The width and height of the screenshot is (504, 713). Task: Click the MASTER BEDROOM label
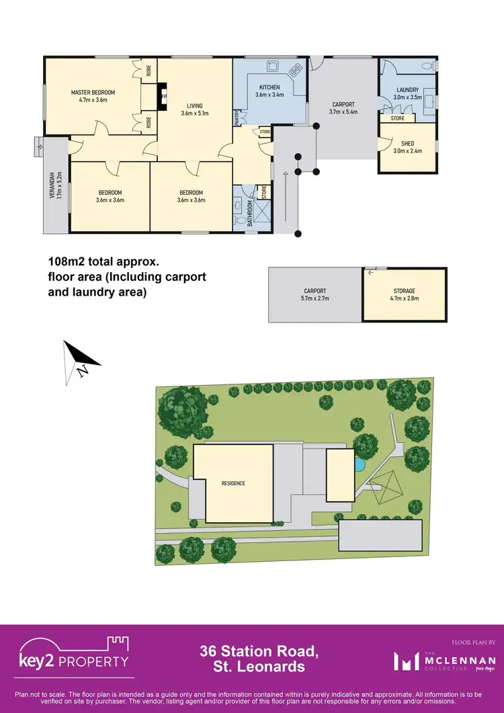pyautogui.click(x=93, y=92)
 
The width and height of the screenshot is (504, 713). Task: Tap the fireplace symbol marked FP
pyautogui.click(x=162, y=96)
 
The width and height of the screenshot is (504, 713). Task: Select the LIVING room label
pyautogui.click(x=195, y=106)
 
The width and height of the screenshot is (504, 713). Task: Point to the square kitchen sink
pyautogui.click(x=273, y=67)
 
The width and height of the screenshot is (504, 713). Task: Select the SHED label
pyautogui.click(x=407, y=143)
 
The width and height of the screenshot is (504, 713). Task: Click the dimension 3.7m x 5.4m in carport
pyautogui.click(x=343, y=112)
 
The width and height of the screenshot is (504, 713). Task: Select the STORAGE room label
pyautogui.click(x=405, y=291)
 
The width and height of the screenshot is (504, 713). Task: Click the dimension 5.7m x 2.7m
pyautogui.click(x=314, y=298)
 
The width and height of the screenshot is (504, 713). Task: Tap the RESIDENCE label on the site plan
pyautogui.click(x=233, y=483)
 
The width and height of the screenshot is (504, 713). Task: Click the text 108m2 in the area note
pyautogui.click(x=67, y=261)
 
